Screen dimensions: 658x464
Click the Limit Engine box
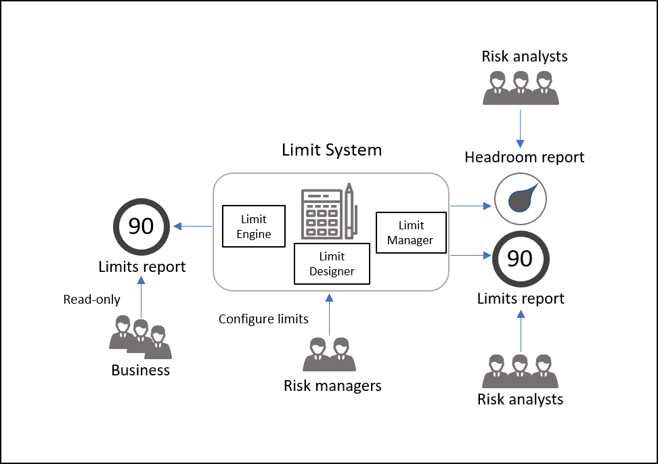[254, 227]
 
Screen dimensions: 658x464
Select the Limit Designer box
[332, 264]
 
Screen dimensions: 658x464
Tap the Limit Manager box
[411, 233]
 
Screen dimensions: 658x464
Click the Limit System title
[332, 150]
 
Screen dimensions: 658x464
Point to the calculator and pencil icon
[330, 211]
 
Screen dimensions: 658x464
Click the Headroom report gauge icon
[521, 199]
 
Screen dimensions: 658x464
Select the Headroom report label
[524, 157]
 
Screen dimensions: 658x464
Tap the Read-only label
[91, 299]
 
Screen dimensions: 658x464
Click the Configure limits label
[263, 319]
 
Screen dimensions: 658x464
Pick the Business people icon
[140, 337]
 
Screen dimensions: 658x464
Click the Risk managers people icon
[330, 354]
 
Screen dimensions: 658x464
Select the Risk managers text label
[332, 386]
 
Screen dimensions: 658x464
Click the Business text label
[141, 370]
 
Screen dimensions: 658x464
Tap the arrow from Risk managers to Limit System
[330, 315]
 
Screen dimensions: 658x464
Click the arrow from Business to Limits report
[141, 297]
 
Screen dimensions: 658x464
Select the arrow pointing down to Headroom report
[521, 129]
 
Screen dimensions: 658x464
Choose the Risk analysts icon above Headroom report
[521, 88]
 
